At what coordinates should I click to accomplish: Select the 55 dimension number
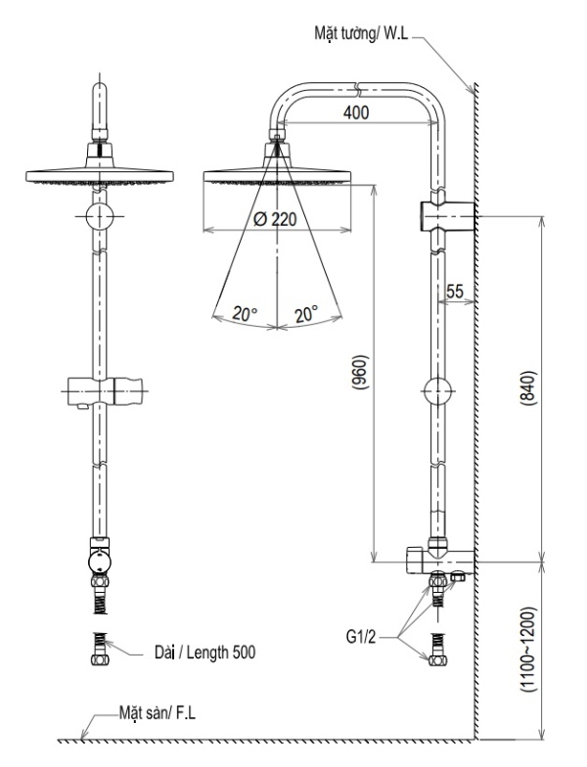455,291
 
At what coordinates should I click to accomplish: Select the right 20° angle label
307,314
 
